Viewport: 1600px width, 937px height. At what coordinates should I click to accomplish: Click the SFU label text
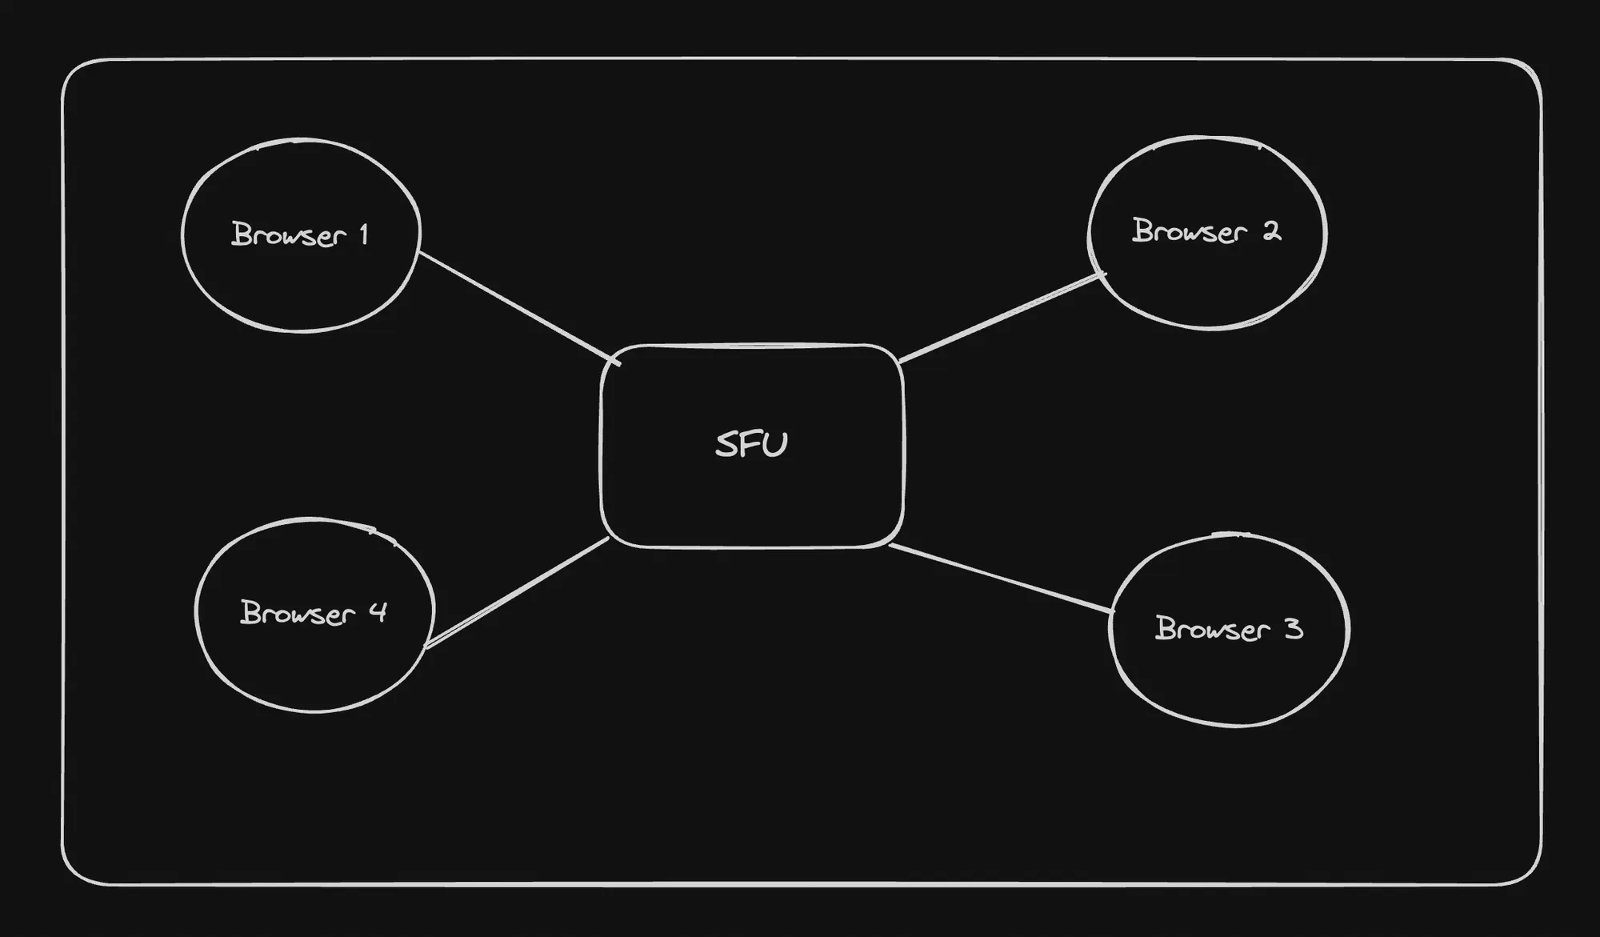click(x=751, y=445)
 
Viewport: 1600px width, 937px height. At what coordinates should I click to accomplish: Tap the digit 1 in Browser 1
click(x=364, y=234)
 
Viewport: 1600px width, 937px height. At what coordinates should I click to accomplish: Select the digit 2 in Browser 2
click(x=1271, y=231)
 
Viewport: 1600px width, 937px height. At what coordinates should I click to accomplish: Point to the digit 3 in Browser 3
click(x=1294, y=629)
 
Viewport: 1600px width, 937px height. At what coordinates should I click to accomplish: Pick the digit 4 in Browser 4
click(x=378, y=613)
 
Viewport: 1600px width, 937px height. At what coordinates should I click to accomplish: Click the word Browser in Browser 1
click(x=288, y=234)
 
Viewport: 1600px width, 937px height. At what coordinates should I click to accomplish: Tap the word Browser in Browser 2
click(x=1189, y=231)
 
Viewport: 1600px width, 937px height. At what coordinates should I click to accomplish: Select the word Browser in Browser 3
click(x=1212, y=629)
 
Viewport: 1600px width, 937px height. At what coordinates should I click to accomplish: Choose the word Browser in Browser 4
click(x=297, y=613)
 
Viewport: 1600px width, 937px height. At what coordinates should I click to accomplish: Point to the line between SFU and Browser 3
click(x=1000, y=578)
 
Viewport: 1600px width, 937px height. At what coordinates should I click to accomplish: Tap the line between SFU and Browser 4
click(x=518, y=592)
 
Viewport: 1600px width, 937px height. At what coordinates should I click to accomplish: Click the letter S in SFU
click(x=726, y=445)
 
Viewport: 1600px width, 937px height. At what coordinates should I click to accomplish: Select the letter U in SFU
click(x=775, y=445)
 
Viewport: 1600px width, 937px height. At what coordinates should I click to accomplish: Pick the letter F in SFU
click(x=750, y=445)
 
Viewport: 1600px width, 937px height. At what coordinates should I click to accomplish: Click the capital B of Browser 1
click(x=241, y=234)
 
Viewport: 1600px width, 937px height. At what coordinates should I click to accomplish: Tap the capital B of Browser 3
click(x=1165, y=628)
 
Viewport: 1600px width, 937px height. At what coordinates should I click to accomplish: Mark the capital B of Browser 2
click(x=1142, y=230)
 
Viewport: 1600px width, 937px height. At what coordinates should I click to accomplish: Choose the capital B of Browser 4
click(x=250, y=612)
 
